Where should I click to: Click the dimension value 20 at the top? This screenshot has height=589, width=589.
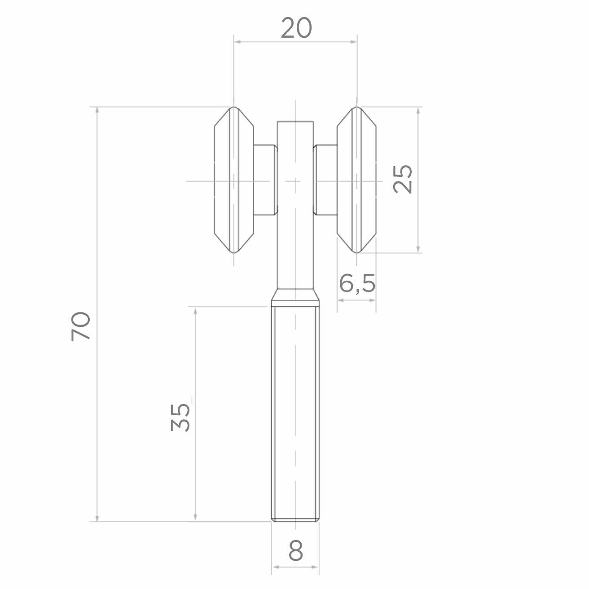(296, 28)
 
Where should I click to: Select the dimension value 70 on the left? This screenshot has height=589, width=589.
(81, 326)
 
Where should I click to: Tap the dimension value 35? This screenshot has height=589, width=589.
(180, 418)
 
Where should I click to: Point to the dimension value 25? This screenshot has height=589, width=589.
(403, 180)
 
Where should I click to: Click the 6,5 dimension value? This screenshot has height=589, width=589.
(357, 284)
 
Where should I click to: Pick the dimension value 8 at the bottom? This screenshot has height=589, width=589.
(295, 550)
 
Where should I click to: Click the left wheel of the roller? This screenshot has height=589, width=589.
(234, 180)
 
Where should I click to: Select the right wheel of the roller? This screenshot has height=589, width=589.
(357, 180)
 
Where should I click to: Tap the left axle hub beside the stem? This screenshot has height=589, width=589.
(265, 180)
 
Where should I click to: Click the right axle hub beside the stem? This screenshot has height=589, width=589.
(325, 180)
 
